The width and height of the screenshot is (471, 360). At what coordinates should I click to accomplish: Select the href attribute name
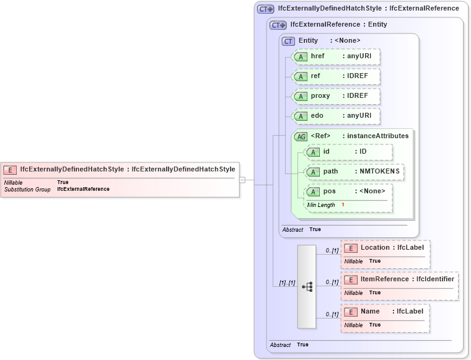317,56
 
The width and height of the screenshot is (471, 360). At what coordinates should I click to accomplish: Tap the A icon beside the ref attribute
301,76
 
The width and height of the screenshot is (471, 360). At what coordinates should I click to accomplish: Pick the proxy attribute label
320,96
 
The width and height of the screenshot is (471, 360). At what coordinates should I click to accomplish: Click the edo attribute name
317,116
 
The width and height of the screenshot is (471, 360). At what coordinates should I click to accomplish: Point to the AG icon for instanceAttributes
301,136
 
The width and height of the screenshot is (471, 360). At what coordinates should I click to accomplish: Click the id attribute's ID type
363,151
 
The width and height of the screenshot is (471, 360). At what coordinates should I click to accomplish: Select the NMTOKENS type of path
377,171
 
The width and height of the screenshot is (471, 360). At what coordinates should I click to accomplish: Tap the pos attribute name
329,191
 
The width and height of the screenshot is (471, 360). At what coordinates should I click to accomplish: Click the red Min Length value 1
343,204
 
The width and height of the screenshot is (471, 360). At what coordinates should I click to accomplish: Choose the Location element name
375,247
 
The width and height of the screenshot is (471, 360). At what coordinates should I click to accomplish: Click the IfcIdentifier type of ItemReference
435,279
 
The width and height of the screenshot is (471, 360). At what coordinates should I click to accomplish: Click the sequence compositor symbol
307,286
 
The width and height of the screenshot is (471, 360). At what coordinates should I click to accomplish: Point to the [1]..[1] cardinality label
286,283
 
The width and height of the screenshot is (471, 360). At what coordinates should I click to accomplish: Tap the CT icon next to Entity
288,41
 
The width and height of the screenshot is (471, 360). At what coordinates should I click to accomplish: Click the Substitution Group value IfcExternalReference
83,189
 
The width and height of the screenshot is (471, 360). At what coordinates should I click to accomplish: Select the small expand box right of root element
242,180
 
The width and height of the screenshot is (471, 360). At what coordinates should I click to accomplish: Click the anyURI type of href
359,56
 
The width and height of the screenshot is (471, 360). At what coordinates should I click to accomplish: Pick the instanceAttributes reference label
377,136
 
